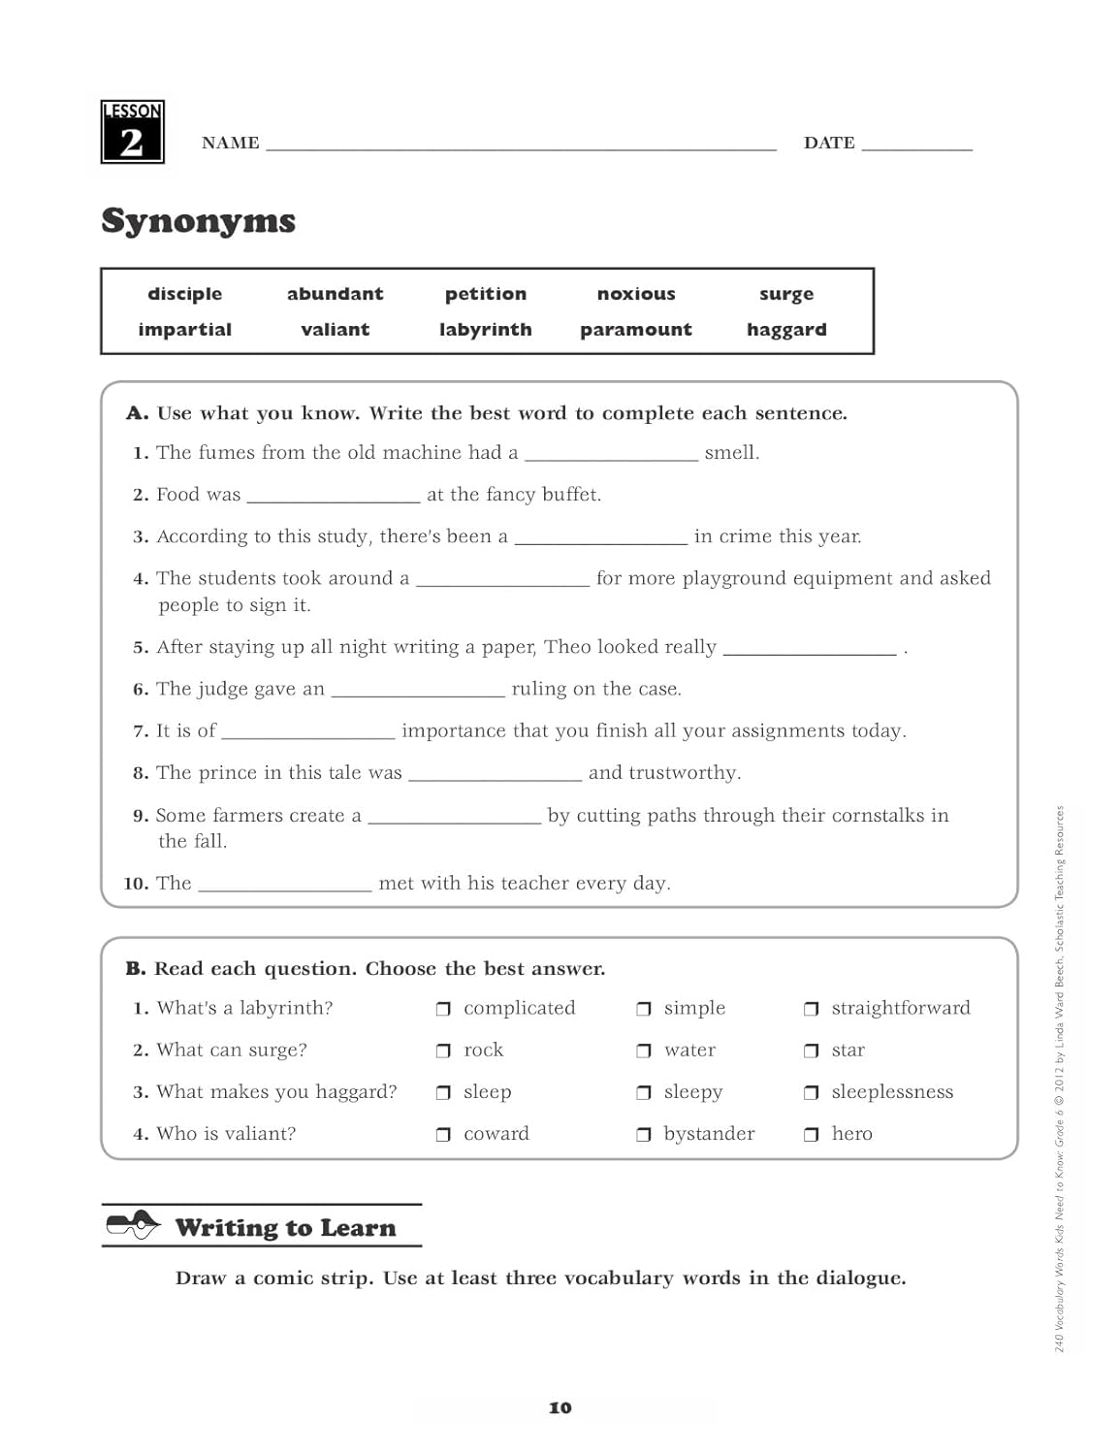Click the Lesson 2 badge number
coord(132,142)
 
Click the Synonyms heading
coord(198,221)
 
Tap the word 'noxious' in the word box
coord(636,294)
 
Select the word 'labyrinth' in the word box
coord(485,330)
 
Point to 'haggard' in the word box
coord(786,330)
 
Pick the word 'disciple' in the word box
coord(184,294)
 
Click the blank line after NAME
coord(521,147)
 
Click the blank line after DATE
coord(916,147)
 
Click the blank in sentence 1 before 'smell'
coord(611,458)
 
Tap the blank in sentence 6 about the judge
coord(418,694)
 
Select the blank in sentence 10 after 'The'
coord(284,888)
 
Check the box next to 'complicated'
coord(443,1010)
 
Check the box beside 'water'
coord(643,1051)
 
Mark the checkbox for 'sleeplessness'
coord(811,1093)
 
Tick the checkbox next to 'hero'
coord(811,1135)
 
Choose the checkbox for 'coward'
coord(443,1135)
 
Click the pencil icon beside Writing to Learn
coord(133,1226)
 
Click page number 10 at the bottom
coord(560,1407)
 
